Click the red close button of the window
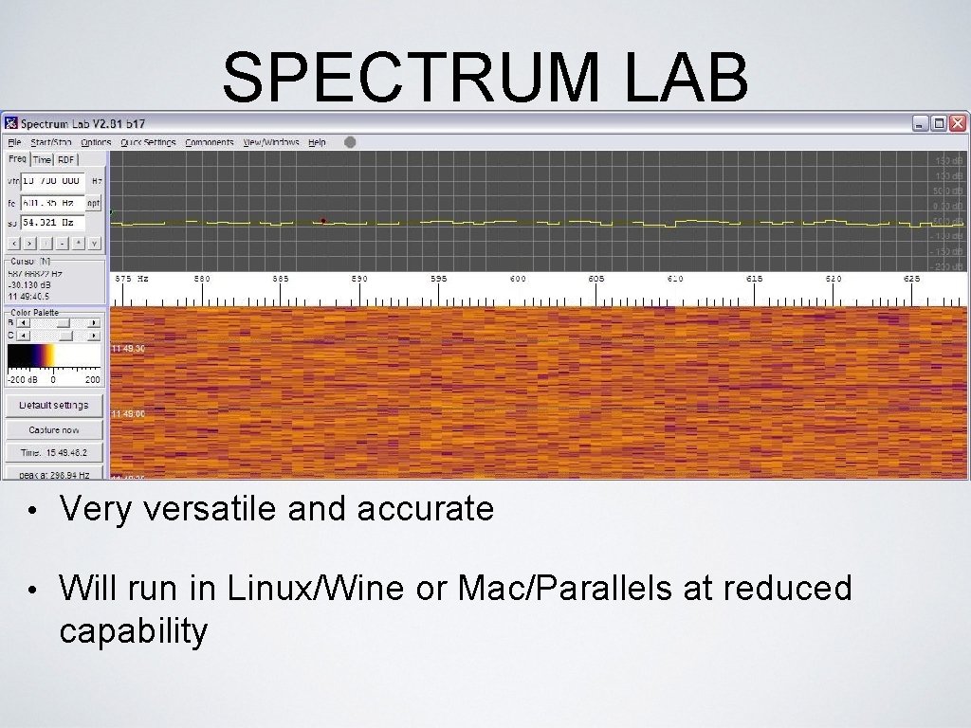[x=958, y=123]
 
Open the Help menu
[x=317, y=142]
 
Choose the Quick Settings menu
[x=148, y=142]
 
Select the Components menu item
[x=210, y=142]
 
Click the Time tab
[x=43, y=160]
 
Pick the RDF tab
[x=65, y=160]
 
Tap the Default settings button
[x=54, y=406]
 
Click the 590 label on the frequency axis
[x=359, y=279]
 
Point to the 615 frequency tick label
[x=754, y=279]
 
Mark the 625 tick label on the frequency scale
[x=911, y=279]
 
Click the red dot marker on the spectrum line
[x=323, y=221]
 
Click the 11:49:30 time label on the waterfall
[x=128, y=349]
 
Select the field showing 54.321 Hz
[x=52, y=223]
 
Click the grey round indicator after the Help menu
[x=350, y=142]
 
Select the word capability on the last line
[x=133, y=630]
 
